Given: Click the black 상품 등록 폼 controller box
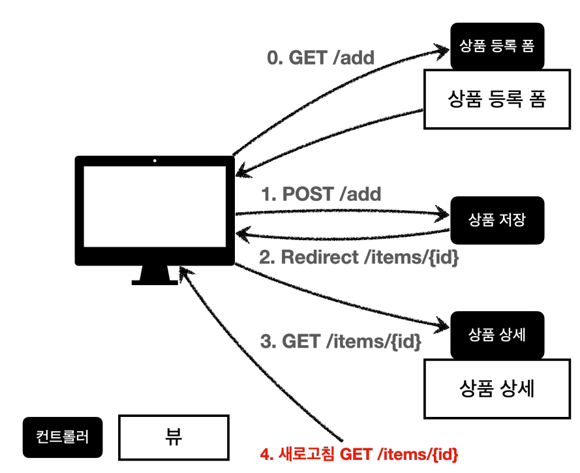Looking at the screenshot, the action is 497,46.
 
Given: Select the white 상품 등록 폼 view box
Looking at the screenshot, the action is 496,99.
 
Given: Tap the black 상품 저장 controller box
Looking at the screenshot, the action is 497,220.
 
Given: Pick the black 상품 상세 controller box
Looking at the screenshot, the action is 497,335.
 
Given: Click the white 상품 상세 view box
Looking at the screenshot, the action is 496,389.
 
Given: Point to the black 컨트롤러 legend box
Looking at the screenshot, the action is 63,437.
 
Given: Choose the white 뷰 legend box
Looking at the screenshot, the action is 174,438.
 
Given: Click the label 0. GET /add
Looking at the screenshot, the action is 320,57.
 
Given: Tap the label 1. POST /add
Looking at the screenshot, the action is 321,194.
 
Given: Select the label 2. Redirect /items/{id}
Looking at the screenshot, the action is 359,257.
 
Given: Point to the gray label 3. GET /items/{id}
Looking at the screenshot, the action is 341,341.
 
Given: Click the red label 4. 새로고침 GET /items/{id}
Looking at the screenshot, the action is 359,454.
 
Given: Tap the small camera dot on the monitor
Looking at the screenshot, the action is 155,161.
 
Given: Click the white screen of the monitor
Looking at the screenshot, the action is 155,206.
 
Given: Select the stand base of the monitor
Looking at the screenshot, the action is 155,282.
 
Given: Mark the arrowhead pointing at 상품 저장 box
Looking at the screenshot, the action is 443,214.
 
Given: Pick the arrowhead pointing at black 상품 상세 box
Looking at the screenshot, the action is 443,325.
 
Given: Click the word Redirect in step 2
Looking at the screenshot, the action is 320,257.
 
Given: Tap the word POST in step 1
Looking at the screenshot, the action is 309,194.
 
